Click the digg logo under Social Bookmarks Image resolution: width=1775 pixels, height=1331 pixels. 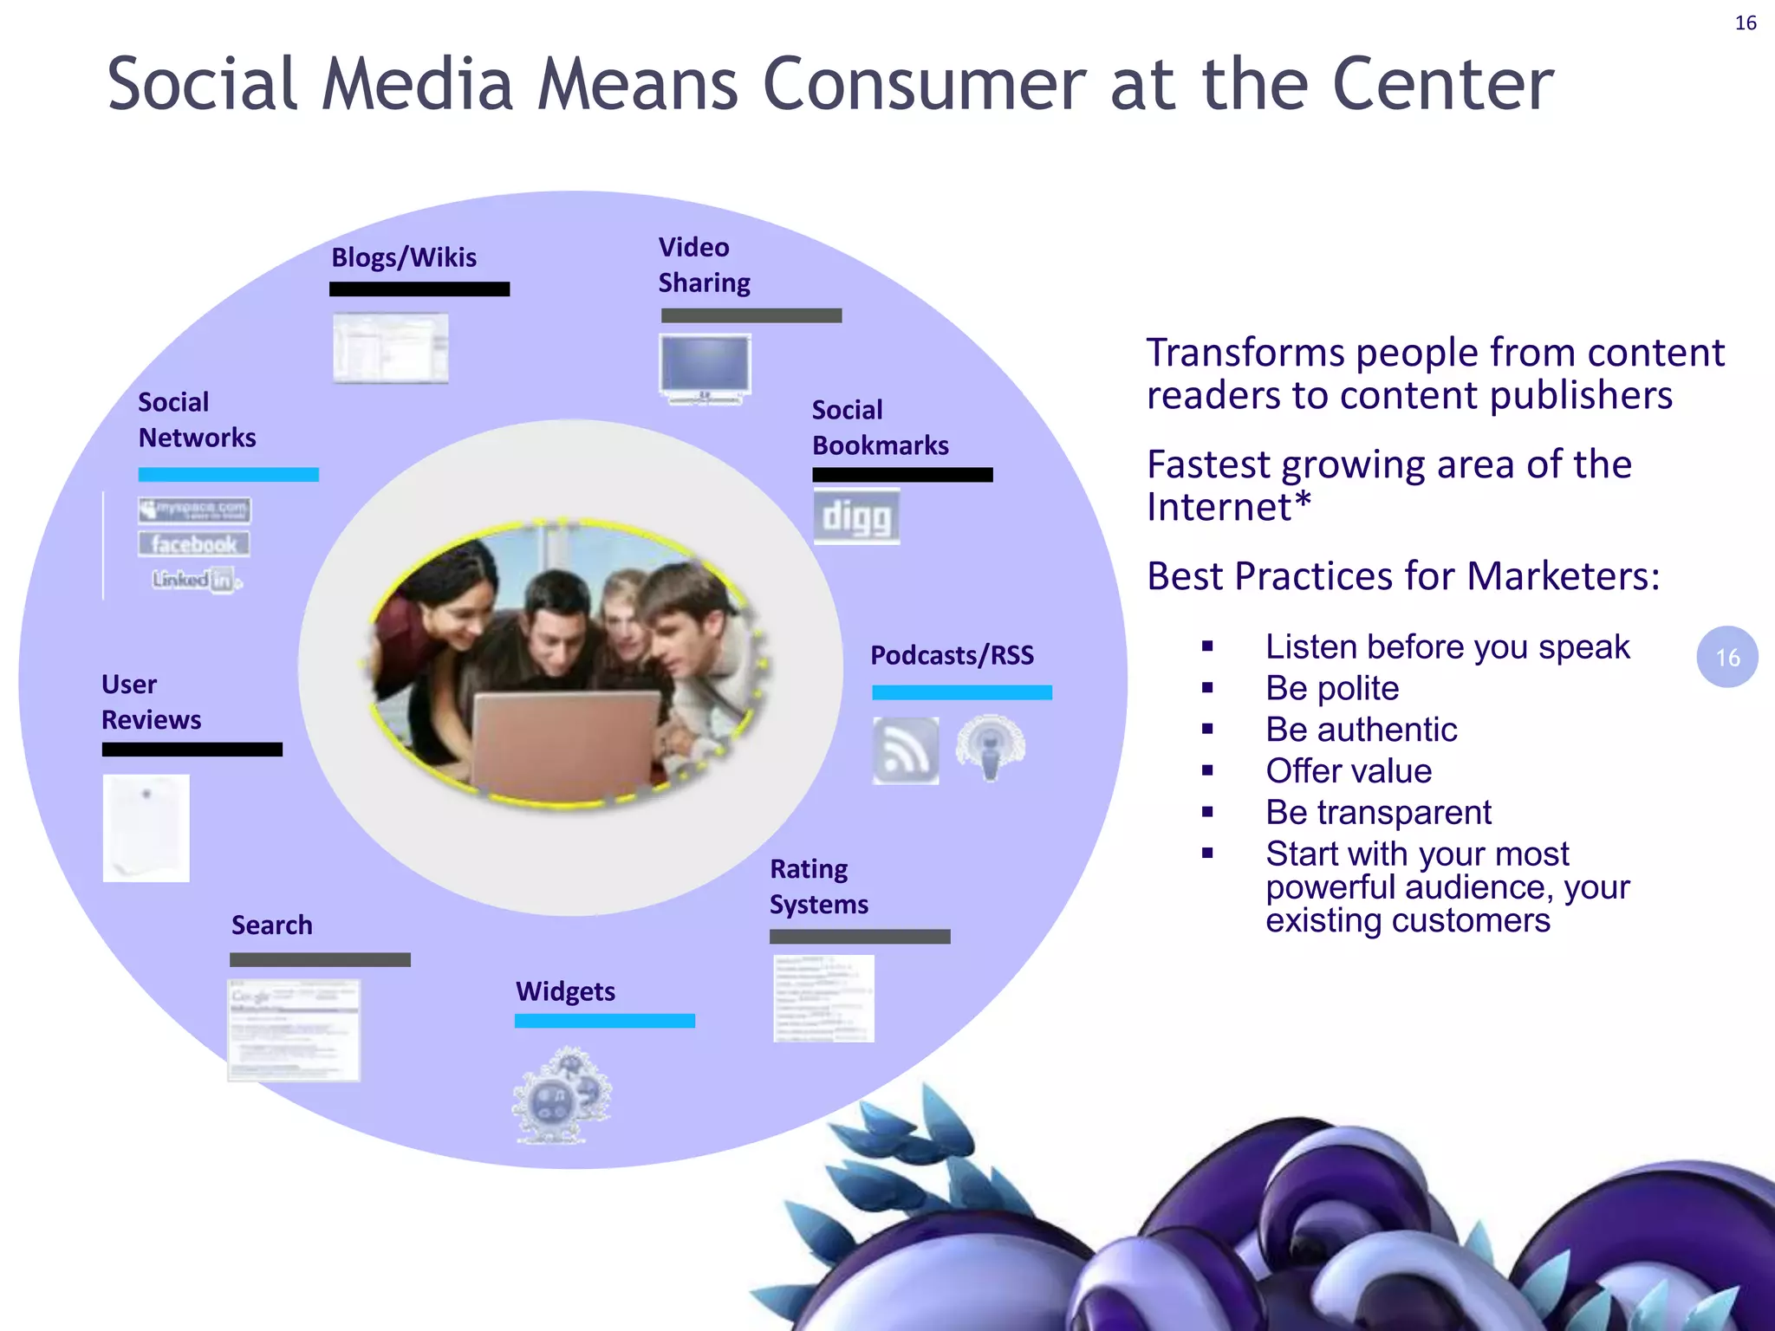[856, 516]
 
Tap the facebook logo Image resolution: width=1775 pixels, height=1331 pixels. [193, 544]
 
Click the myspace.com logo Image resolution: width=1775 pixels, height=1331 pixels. [194, 510]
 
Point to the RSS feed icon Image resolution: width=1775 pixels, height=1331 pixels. [906, 750]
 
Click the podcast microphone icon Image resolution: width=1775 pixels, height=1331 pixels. [990, 747]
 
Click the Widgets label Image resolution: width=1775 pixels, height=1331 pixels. [565, 991]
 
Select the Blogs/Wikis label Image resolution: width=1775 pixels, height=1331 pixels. [404, 257]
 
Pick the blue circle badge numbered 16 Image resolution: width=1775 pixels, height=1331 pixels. [1726, 658]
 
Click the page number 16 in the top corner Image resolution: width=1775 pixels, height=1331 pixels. [1746, 23]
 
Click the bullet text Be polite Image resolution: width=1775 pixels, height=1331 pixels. [1332, 688]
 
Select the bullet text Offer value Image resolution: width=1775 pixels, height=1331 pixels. [1349, 771]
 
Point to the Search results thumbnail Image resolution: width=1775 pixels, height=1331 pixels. [294, 1030]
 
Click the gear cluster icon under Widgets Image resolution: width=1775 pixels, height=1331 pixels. [562, 1096]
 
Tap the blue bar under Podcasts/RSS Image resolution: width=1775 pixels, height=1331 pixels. [962, 692]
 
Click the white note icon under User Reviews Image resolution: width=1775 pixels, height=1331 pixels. [146, 828]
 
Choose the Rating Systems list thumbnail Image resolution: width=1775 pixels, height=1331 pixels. [823, 998]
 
